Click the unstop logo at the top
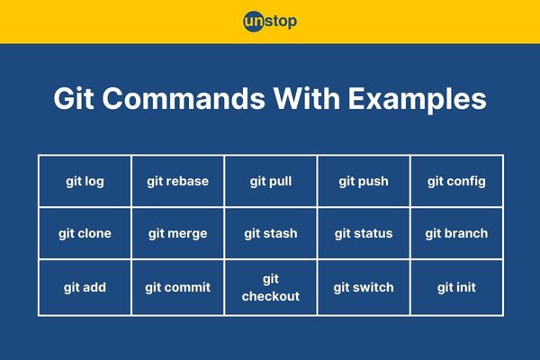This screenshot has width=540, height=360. [270, 22]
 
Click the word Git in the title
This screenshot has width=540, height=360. [74, 98]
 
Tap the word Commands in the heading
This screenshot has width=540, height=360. [184, 98]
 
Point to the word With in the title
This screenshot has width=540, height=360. [307, 98]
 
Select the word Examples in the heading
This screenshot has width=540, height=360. [417, 100]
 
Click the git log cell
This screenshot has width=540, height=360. [85, 181]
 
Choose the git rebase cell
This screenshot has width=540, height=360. [177, 181]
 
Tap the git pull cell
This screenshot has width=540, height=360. [271, 181]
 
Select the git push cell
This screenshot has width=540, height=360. [364, 181]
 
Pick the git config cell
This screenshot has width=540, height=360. [456, 181]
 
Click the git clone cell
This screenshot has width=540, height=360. [85, 233]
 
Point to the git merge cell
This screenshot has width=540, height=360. [177, 233]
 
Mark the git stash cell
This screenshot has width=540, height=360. [271, 233]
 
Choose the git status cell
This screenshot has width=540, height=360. [364, 233]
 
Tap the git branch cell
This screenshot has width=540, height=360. [456, 233]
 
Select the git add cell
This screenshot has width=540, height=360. [85, 287]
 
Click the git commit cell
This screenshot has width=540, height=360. [177, 287]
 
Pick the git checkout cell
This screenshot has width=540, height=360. [271, 287]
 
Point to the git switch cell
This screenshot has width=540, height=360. [364, 287]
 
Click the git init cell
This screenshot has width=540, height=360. [456, 287]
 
